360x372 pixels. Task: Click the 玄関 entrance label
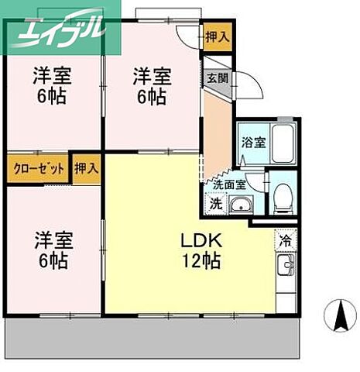[x=215, y=77]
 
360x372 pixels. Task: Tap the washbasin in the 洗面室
[x=242, y=205]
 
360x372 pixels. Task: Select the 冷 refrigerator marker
[x=285, y=241]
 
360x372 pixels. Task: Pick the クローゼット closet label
[x=36, y=168]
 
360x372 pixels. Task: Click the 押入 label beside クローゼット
[x=87, y=168]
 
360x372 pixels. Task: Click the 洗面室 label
[x=229, y=185]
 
